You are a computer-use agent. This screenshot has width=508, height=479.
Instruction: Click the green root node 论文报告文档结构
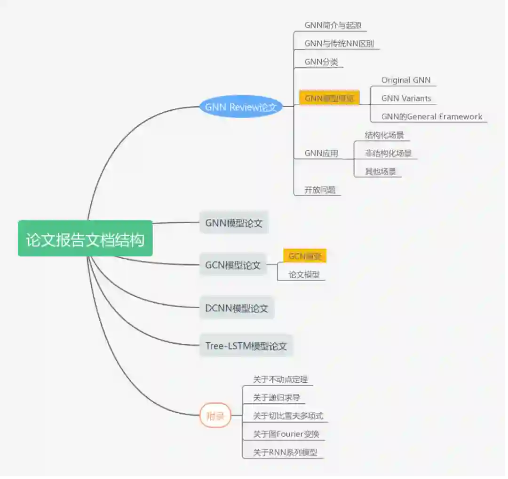pyautogui.click(x=85, y=239)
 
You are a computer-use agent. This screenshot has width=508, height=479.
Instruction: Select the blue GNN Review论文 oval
pyautogui.click(x=241, y=107)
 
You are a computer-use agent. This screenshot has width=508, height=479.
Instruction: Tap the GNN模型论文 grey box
pyautogui.click(x=234, y=223)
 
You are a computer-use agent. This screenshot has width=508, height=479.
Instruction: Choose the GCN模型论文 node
pyautogui.click(x=233, y=265)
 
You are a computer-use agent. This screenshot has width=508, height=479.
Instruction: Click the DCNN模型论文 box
pyautogui.click(x=237, y=308)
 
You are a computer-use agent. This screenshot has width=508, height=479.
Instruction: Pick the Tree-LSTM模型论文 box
pyautogui.click(x=246, y=346)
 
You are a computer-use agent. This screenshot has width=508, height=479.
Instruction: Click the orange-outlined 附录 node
pyautogui.click(x=215, y=416)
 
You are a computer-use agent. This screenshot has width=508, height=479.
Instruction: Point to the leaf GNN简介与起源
pyautogui.click(x=333, y=25)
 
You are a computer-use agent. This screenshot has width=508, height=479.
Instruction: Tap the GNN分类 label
pyautogui.click(x=321, y=62)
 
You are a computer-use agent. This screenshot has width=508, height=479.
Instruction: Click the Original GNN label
pyautogui.click(x=406, y=80)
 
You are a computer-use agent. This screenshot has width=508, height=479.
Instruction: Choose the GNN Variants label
pyautogui.click(x=406, y=98)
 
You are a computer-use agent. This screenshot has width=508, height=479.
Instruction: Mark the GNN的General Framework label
pyautogui.click(x=431, y=116)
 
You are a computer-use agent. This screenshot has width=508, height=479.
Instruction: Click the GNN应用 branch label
pyautogui.click(x=321, y=153)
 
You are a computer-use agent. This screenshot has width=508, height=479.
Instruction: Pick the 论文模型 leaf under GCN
pyautogui.click(x=304, y=275)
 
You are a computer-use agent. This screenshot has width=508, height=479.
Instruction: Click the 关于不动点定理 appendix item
pyautogui.click(x=280, y=379)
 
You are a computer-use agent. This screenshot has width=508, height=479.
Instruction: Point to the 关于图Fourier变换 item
pyautogui.click(x=286, y=434)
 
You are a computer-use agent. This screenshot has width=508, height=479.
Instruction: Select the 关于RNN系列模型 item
pyautogui.click(x=285, y=452)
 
